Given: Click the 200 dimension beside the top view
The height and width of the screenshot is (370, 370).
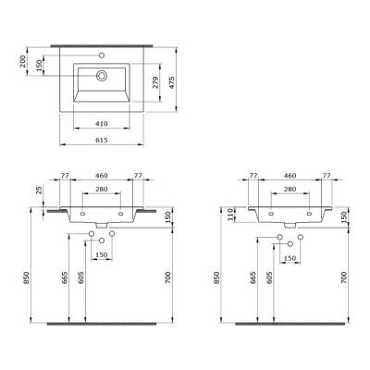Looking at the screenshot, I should click(26, 61).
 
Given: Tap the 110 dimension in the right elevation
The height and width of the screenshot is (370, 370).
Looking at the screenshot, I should click(231, 215).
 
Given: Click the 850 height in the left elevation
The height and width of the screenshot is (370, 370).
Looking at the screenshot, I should click(30, 278).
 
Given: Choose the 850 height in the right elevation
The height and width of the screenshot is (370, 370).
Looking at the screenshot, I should click(218, 278).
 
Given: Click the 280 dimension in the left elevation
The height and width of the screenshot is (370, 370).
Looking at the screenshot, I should click(103, 189).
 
